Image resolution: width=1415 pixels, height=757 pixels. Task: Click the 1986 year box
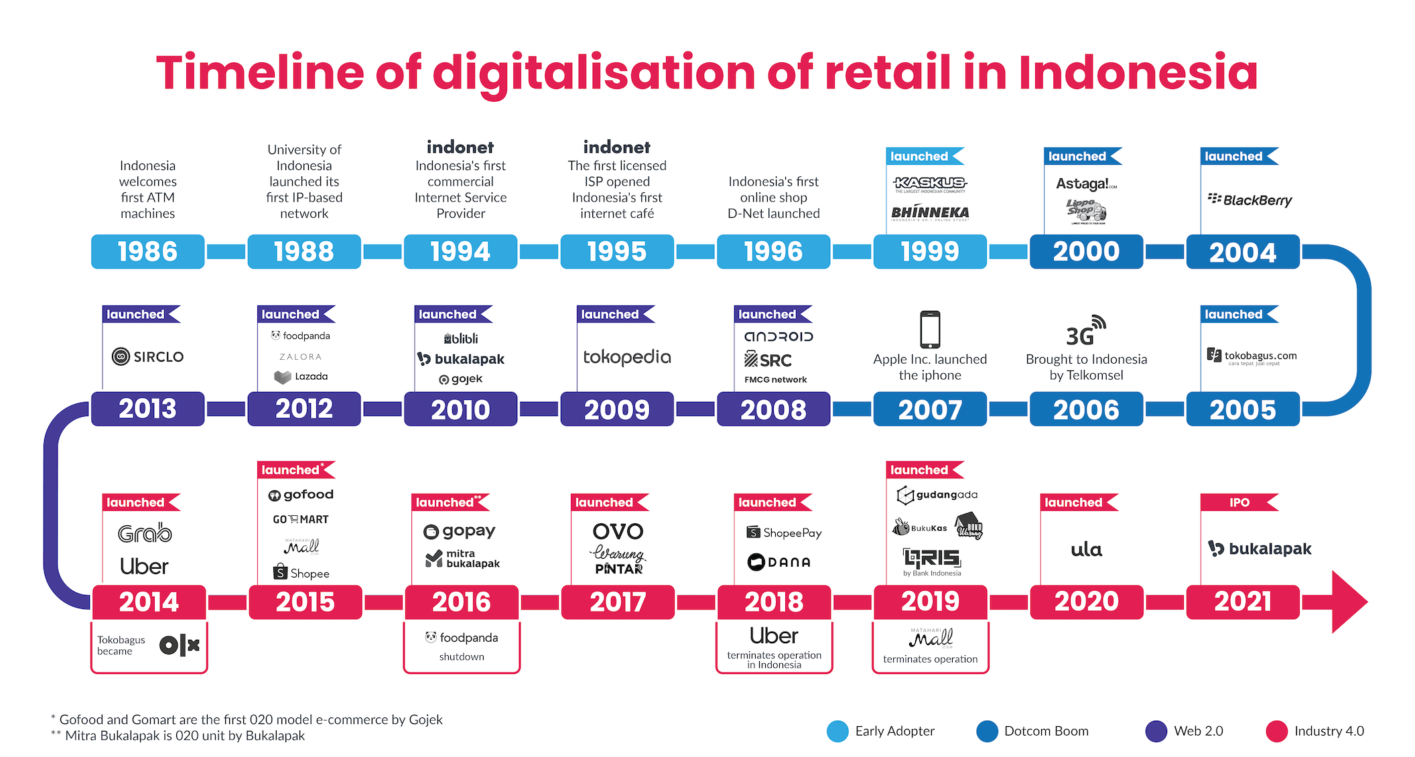tap(147, 252)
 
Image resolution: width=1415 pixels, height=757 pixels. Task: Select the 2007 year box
tap(930, 409)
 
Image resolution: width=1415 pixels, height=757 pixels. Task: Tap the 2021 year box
tap(1243, 602)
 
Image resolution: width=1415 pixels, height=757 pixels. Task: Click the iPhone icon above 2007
tap(930, 329)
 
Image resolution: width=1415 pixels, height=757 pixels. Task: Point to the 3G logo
tap(1085, 331)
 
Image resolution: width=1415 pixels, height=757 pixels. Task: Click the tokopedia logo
tap(626, 357)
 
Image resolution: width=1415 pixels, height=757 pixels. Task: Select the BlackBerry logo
tap(1250, 200)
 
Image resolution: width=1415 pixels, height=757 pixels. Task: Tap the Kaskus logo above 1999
tap(930, 183)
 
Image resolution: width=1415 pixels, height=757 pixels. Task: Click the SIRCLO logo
tap(147, 356)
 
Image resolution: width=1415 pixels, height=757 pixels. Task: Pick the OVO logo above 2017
tap(618, 531)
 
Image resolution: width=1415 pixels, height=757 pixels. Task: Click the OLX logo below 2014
tap(180, 645)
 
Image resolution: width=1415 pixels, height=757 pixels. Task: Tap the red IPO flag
tap(1239, 502)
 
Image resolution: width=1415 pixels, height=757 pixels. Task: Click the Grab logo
tap(145, 533)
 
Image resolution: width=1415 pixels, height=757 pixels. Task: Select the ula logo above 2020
tap(1086, 550)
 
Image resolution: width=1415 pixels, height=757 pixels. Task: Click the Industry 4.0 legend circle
tap(1276, 731)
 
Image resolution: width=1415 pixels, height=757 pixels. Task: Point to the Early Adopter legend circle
tap(837, 731)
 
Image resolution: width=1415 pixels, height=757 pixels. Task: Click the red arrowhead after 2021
tap(1348, 602)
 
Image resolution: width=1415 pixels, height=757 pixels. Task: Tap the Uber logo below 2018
tap(774, 635)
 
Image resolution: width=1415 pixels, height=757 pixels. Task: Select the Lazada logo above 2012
tap(301, 376)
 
